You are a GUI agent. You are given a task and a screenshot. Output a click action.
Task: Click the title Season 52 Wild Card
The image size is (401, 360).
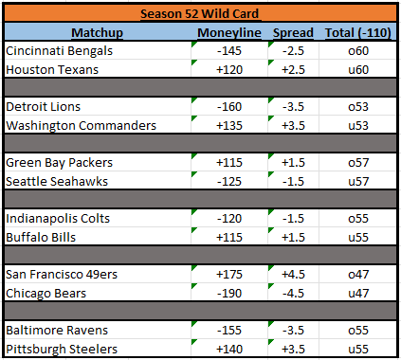pyautogui.click(x=199, y=13)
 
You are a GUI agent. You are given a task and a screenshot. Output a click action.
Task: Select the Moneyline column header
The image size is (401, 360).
pyautogui.click(x=229, y=33)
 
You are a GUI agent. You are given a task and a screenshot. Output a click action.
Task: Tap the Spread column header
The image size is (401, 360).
pyautogui.click(x=293, y=33)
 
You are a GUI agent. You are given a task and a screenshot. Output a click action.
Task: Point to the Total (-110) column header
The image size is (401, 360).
pyautogui.click(x=358, y=33)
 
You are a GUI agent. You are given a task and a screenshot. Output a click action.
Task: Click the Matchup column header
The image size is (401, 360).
pyautogui.click(x=97, y=33)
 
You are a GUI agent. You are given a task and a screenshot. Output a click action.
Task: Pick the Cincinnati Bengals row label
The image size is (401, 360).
pyautogui.click(x=59, y=51)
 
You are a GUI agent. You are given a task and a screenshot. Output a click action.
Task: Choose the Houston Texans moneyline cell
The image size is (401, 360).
pyautogui.click(x=229, y=70)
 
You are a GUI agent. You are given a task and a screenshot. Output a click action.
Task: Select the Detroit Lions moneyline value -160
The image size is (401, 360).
pyautogui.click(x=229, y=107)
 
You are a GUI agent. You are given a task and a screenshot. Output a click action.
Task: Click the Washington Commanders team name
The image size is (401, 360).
pyautogui.click(x=81, y=126)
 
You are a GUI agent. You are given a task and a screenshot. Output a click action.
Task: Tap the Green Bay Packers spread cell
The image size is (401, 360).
pyautogui.click(x=293, y=163)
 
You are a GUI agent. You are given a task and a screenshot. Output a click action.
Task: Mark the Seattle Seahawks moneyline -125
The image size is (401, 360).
pyautogui.click(x=229, y=182)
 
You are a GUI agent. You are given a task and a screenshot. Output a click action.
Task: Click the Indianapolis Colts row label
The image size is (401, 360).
pyautogui.click(x=58, y=219)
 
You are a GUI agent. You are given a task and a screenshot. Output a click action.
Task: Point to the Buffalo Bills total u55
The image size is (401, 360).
pyautogui.click(x=358, y=238)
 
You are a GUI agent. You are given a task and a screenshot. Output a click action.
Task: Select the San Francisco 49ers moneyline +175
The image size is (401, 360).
pyautogui.click(x=229, y=275)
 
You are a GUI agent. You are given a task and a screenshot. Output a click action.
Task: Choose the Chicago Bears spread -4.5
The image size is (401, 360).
pyautogui.click(x=293, y=294)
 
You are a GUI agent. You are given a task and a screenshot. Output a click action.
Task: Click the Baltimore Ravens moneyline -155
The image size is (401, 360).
pyautogui.click(x=229, y=331)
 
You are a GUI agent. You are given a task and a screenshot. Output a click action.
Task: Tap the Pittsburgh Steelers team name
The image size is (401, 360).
pyautogui.click(x=62, y=350)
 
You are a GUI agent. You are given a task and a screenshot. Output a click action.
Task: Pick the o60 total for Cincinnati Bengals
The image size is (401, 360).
pyautogui.click(x=358, y=51)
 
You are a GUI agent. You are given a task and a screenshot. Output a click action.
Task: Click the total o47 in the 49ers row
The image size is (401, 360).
pyautogui.click(x=358, y=275)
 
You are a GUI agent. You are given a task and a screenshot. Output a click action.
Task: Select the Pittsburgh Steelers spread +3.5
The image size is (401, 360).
pyautogui.click(x=293, y=350)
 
